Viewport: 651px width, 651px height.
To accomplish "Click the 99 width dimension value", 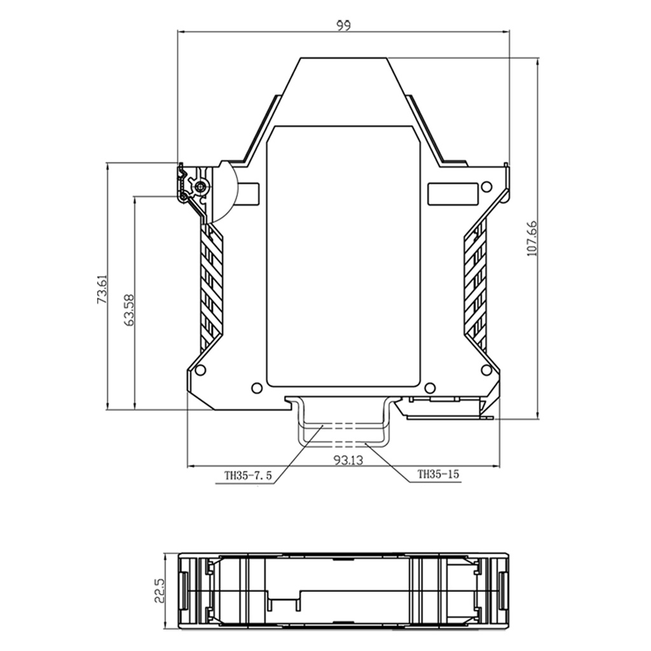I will (343, 25).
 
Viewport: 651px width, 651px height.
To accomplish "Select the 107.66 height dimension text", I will (532, 238).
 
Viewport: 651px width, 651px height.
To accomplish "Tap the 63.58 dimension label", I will (130, 310).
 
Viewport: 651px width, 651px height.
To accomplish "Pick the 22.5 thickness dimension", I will (160, 591).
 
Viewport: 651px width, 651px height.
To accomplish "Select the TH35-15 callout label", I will (438, 474).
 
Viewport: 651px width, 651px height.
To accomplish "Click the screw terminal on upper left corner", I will (201, 186).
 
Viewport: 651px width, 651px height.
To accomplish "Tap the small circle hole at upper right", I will (486, 186).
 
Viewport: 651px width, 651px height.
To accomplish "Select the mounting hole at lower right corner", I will (486, 370).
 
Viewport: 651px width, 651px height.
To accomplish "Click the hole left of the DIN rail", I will (257, 388).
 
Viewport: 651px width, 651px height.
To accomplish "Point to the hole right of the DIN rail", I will (430, 388).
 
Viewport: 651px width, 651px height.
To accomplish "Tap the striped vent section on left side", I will (212, 286).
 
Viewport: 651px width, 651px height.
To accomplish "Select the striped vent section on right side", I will (476, 286).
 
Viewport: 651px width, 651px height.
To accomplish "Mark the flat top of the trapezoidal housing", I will (344, 58).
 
